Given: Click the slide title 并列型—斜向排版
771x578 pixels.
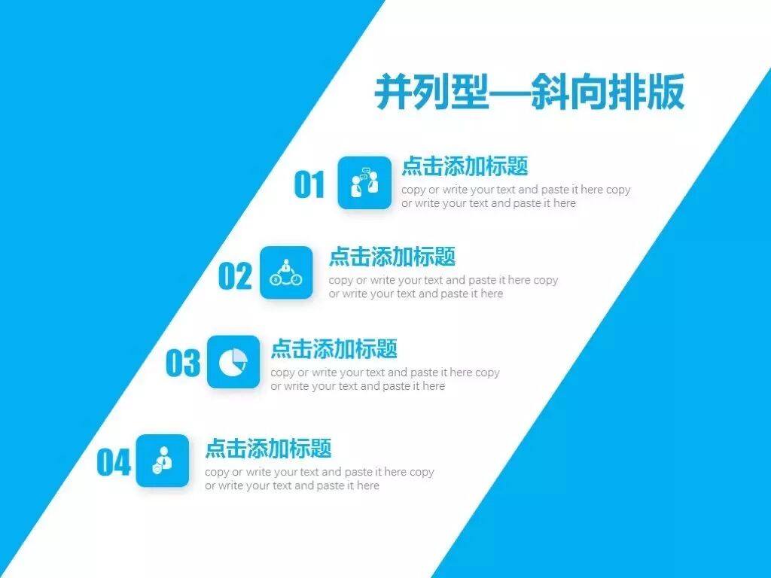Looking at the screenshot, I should pyautogui.click(x=529, y=93).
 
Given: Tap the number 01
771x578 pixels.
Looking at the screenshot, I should pyautogui.click(x=309, y=184).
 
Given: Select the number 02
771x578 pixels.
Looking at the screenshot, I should pyautogui.click(x=235, y=276).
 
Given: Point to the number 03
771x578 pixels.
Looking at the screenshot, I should pyautogui.click(x=183, y=364).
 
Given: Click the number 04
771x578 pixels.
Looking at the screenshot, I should pyautogui.click(x=114, y=462).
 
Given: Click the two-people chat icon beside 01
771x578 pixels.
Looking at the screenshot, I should pyautogui.click(x=364, y=183).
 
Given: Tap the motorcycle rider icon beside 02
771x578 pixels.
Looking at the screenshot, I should pyautogui.click(x=286, y=272).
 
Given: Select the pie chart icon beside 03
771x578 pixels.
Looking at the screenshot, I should pyautogui.click(x=233, y=362).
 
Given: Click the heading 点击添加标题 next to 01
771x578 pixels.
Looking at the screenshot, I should pyautogui.click(x=465, y=166).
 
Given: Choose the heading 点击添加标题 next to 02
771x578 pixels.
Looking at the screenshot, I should pyautogui.click(x=392, y=256).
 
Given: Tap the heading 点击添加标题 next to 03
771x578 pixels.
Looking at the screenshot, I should pyautogui.click(x=334, y=348).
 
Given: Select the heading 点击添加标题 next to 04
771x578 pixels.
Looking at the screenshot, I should pyautogui.click(x=268, y=449).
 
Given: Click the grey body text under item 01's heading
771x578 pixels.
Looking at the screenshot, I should pyautogui.click(x=515, y=196).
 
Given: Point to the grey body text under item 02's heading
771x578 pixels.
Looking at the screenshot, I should pyautogui.click(x=443, y=287).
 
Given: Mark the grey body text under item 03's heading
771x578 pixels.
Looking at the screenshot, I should pyautogui.click(x=385, y=379).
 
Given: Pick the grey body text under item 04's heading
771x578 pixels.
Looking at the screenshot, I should pyautogui.click(x=319, y=479).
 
